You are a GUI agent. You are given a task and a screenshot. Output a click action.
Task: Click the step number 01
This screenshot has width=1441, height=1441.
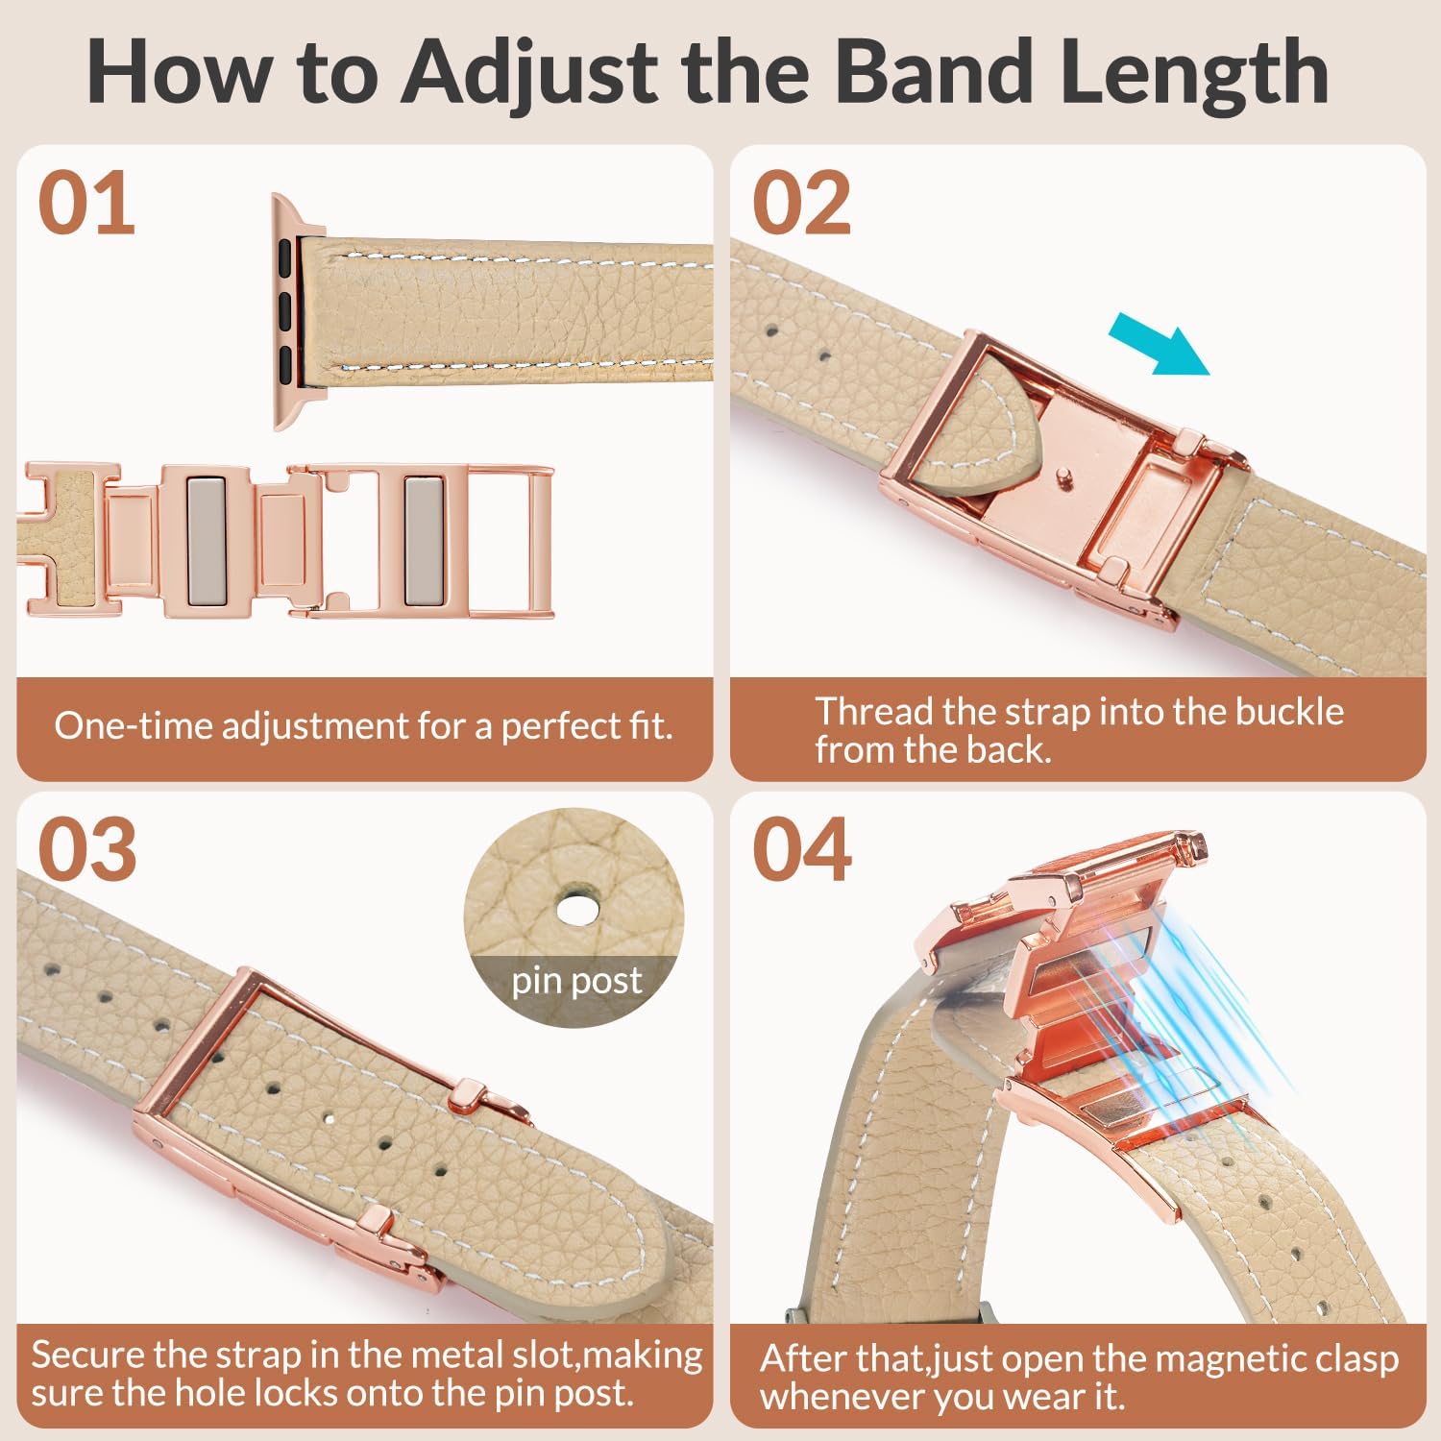(86, 204)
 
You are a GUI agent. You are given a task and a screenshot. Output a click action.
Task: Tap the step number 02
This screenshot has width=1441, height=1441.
(802, 204)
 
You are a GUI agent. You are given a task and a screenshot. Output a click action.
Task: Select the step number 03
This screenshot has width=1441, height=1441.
(87, 850)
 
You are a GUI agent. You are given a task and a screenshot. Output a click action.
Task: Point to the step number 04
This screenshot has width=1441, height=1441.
(802, 850)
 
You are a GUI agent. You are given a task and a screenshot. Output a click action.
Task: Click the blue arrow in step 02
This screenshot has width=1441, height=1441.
(1158, 348)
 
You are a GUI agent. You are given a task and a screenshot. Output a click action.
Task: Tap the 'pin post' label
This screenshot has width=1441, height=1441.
(576, 981)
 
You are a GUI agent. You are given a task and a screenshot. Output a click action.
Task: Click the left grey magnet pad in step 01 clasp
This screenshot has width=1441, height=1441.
(205, 539)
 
